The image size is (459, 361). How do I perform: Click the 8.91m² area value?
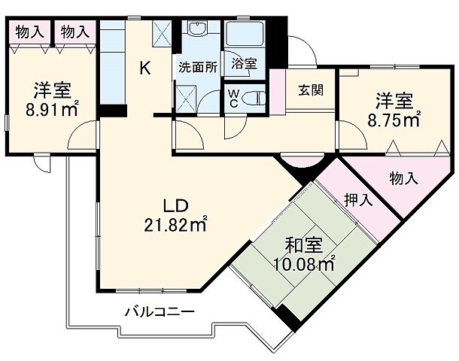click(52, 109)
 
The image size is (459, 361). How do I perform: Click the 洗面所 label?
click(197, 65)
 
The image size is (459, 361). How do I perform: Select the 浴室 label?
click(244, 64)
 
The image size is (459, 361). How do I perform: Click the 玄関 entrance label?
click(311, 90)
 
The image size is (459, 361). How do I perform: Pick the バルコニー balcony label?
click(160, 310)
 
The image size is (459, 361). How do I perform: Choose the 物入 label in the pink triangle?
click(403, 177)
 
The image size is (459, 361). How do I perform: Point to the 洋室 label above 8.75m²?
click(394, 99)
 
